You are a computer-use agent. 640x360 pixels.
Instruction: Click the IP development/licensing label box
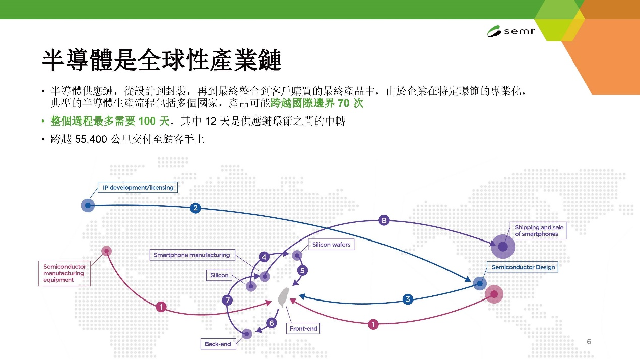tap(138, 187)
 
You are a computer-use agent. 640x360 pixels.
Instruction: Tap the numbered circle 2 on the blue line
tap(196, 208)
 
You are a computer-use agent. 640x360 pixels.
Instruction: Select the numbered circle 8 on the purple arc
tap(383, 220)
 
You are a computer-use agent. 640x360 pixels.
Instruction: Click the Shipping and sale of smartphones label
tap(539, 231)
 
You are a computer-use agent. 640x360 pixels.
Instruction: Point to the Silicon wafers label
tap(331, 245)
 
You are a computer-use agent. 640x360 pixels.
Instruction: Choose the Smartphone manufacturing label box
tap(192, 255)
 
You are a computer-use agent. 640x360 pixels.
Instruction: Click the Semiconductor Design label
tap(523, 267)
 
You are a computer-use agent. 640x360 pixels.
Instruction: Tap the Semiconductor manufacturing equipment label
tap(65, 273)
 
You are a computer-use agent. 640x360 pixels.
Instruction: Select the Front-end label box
tap(303, 329)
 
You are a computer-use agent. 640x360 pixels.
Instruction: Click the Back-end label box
tap(218, 344)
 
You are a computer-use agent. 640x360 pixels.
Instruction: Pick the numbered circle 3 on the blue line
tap(408, 299)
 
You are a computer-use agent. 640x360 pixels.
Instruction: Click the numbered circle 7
tap(227, 300)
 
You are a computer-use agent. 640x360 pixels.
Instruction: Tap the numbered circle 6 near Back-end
tap(272, 323)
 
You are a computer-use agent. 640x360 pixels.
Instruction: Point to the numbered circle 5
tap(302, 270)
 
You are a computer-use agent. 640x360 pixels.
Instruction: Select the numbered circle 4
tap(264, 257)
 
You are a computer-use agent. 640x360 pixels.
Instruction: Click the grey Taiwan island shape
tap(283, 297)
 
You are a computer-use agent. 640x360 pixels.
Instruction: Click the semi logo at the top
tap(511, 31)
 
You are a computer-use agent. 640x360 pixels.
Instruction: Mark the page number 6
tap(589, 342)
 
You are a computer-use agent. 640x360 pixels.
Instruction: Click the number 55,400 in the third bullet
tap(91, 139)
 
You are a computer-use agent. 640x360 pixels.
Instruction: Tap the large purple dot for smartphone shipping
tap(503, 246)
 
